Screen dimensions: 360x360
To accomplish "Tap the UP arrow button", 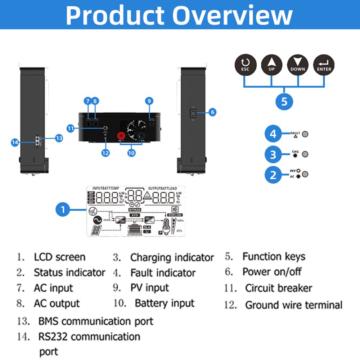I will click(x=271, y=65).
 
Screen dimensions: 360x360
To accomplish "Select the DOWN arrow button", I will click(x=298, y=65).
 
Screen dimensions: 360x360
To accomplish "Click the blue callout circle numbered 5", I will click(x=284, y=101).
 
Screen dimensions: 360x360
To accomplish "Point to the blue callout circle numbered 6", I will click(x=212, y=112).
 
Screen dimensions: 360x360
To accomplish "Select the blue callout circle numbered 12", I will click(x=105, y=153).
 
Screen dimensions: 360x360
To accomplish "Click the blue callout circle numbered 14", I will click(x=15, y=143).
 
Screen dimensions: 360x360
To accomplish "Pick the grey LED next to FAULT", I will click(x=305, y=134).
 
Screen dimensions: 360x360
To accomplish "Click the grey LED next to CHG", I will click(x=305, y=154).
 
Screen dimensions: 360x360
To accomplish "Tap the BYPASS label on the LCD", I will click(x=134, y=210).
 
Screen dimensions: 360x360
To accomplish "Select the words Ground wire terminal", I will click(x=293, y=305).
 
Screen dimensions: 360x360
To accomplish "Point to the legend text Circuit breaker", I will click(x=278, y=288).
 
